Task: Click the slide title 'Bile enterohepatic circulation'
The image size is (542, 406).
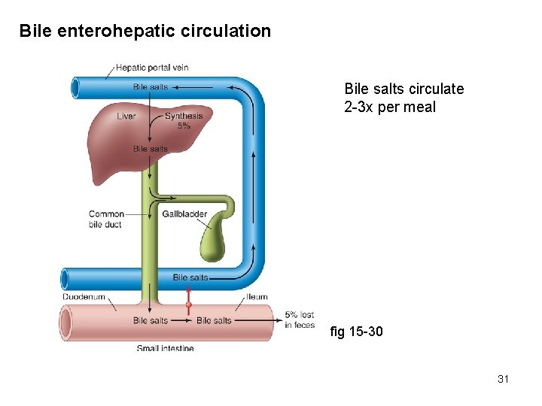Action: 145,32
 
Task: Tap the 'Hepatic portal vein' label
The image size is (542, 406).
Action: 151,68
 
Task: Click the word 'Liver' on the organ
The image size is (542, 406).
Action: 126,116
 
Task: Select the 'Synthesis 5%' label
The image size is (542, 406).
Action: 184,120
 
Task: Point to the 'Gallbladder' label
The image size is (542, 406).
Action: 184,214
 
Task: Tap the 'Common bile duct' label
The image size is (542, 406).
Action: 106,219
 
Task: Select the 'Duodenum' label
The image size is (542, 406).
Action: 83,297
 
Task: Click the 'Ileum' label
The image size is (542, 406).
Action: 256,297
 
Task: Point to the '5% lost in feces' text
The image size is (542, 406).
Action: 300,320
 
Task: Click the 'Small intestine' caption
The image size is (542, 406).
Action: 165,348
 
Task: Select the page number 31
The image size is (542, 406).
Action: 503,379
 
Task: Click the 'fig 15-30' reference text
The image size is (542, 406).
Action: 357,331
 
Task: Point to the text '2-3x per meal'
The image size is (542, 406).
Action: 389,107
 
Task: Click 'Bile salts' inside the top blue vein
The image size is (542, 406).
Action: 151,87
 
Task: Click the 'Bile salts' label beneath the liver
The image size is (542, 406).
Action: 151,149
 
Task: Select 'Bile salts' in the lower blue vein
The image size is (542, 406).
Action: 190,277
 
